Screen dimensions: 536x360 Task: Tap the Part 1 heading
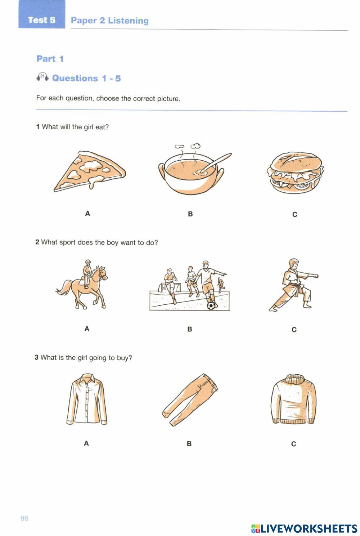(x=50, y=59)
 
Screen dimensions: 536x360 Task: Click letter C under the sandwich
(x=294, y=215)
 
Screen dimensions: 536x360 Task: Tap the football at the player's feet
(x=211, y=306)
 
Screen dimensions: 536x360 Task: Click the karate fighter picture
(x=293, y=285)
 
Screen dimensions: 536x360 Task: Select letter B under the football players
(x=190, y=329)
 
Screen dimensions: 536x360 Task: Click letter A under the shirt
(x=86, y=443)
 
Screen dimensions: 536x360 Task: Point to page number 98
(x=24, y=518)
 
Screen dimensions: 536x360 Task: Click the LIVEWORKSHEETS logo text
(x=309, y=528)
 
